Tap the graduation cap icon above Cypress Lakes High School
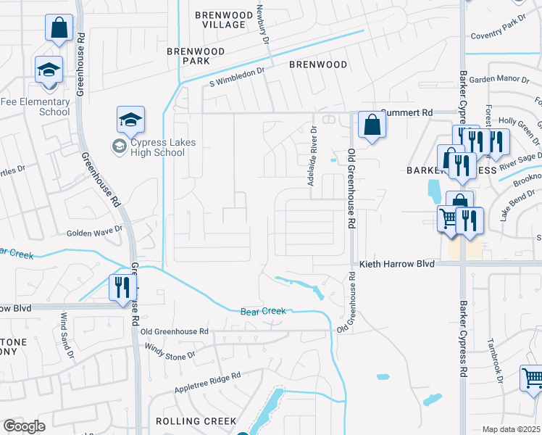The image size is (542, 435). (x=131, y=120)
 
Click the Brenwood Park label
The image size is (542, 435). (x=196, y=56)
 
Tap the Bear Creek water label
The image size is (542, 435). (x=264, y=311)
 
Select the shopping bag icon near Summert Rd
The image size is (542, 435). (x=372, y=125)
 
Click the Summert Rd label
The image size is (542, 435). (x=406, y=113)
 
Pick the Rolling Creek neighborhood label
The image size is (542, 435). (x=196, y=420)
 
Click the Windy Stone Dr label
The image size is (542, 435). (x=171, y=355)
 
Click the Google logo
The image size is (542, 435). (x=24, y=426)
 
